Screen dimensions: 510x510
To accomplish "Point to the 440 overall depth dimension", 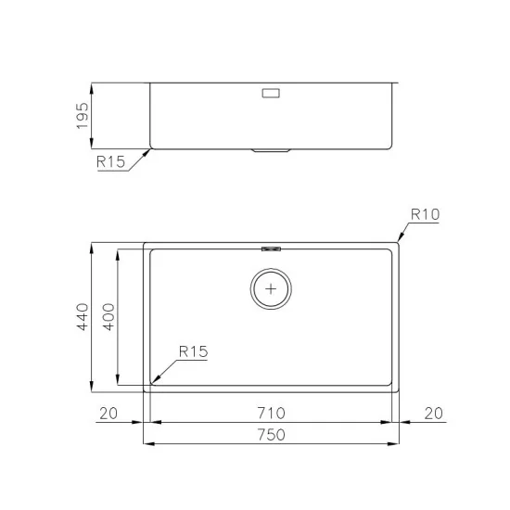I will coord(82,317).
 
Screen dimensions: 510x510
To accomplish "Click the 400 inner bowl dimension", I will coord(108,317).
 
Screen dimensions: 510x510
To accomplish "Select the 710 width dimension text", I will coord(272,412).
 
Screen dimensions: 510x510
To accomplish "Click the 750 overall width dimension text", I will coord(272,433).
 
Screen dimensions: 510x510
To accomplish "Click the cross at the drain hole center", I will coord(272,289).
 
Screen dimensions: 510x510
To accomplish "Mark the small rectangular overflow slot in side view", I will coord(273,93).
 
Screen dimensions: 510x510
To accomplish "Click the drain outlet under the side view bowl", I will coord(272,150).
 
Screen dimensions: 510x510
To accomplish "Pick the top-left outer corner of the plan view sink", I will coord(145,244).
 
